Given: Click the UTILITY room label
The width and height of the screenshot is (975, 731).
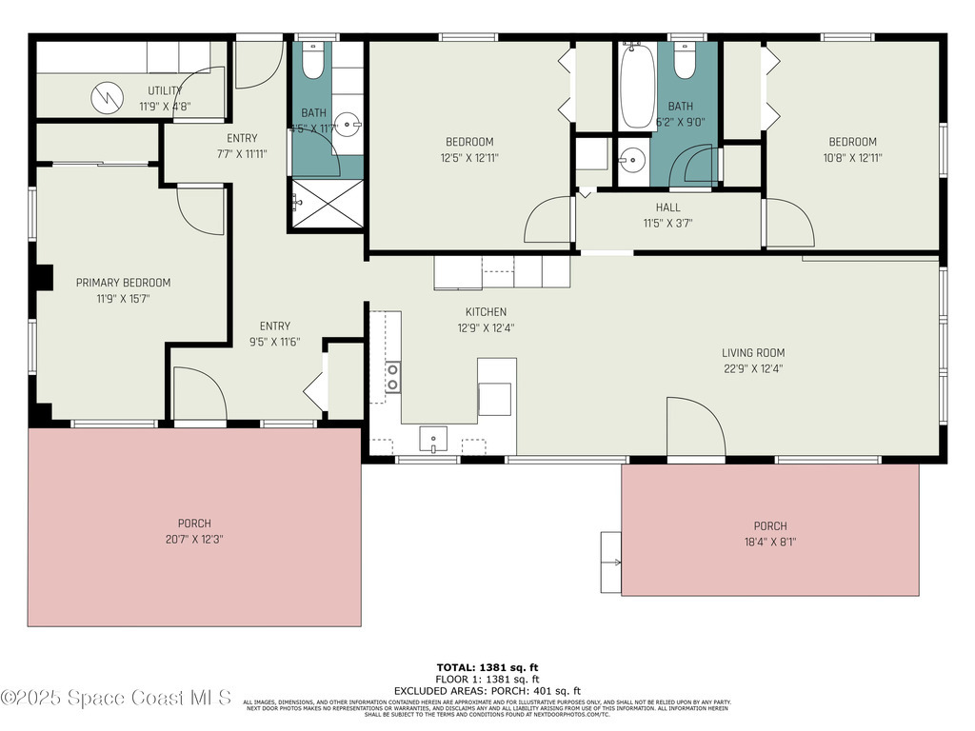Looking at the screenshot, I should [165, 91].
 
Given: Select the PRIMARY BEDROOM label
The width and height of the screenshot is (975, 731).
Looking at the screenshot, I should [123, 283].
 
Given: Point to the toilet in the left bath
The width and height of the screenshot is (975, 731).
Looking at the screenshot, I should [313, 63].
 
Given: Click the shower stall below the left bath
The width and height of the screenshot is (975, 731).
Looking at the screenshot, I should [328, 204].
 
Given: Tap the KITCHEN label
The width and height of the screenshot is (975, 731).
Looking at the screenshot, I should [486, 312].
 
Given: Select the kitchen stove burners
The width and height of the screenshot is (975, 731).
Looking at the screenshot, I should [392, 377].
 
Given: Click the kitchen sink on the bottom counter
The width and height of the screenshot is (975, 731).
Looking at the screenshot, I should [433, 441].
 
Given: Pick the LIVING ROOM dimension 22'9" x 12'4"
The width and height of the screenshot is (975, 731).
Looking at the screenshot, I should [752, 368].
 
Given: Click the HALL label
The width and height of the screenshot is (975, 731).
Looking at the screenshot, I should [667, 207].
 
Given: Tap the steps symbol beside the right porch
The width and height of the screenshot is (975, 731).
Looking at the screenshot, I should [610, 562].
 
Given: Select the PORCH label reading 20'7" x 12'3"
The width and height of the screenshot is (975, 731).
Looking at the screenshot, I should [194, 539].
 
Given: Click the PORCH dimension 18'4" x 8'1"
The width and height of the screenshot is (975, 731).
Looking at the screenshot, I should [770, 542].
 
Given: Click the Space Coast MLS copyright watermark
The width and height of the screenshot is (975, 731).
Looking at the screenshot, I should [115, 698].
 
